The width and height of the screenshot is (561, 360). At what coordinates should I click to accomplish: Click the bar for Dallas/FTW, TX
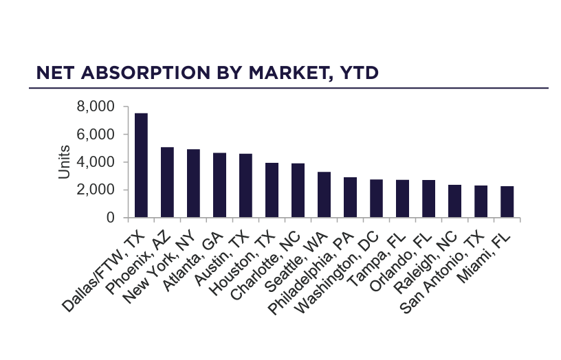click(x=141, y=166)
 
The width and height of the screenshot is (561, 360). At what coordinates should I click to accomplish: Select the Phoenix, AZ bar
click(x=167, y=183)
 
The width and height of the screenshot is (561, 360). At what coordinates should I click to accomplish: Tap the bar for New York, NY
click(x=193, y=183)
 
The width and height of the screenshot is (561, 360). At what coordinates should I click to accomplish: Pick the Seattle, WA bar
click(x=324, y=195)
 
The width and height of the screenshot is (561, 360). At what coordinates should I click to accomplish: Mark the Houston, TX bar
click(x=272, y=190)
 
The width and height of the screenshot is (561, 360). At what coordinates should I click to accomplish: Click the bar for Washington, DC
click(x=376, y=199)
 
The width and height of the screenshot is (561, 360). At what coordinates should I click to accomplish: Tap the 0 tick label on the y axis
click(x=110, y=218)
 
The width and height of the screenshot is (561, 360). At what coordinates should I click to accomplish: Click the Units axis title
click(x=64, y=162)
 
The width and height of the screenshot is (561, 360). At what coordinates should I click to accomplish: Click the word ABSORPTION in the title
click(x=152, y=73)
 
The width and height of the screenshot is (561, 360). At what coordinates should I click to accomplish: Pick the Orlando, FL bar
click(x=428, y=199)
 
